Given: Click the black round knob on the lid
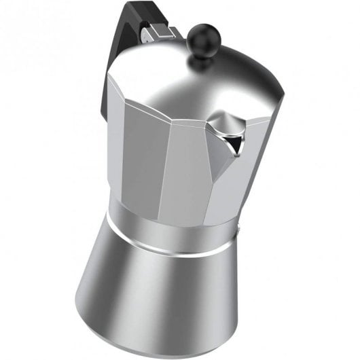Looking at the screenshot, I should click(200, 34).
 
